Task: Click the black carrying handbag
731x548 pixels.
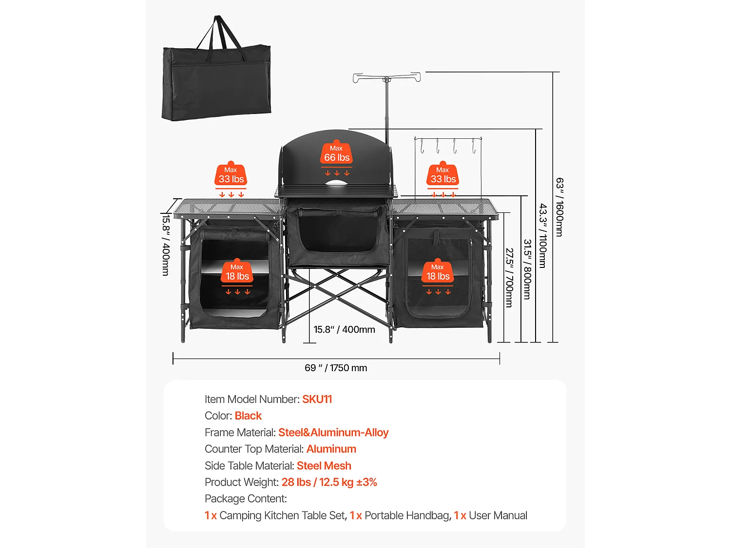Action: pos(216,76)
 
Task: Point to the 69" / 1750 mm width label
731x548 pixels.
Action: pos(336,368)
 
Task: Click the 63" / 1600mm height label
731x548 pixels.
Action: pos(559,207)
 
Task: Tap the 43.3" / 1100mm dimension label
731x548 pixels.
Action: pos(543,236)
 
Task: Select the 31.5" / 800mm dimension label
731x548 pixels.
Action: pos(527,269)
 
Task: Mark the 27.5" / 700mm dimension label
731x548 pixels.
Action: pos(509,278)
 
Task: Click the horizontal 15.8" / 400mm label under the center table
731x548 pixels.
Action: pos(345,329)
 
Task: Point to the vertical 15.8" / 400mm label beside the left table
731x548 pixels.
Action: pos(166,245)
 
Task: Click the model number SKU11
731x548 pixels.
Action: pos(317,399)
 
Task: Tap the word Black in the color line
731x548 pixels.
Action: pos(248,416)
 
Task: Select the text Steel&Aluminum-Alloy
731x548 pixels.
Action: pos(333,432)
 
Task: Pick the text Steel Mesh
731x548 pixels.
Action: pos(324,466)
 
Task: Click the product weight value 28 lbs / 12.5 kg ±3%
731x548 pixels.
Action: pos(329,482)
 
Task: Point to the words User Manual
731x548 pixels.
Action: pos(498,515)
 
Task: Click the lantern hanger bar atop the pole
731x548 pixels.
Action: pos(386,77)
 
